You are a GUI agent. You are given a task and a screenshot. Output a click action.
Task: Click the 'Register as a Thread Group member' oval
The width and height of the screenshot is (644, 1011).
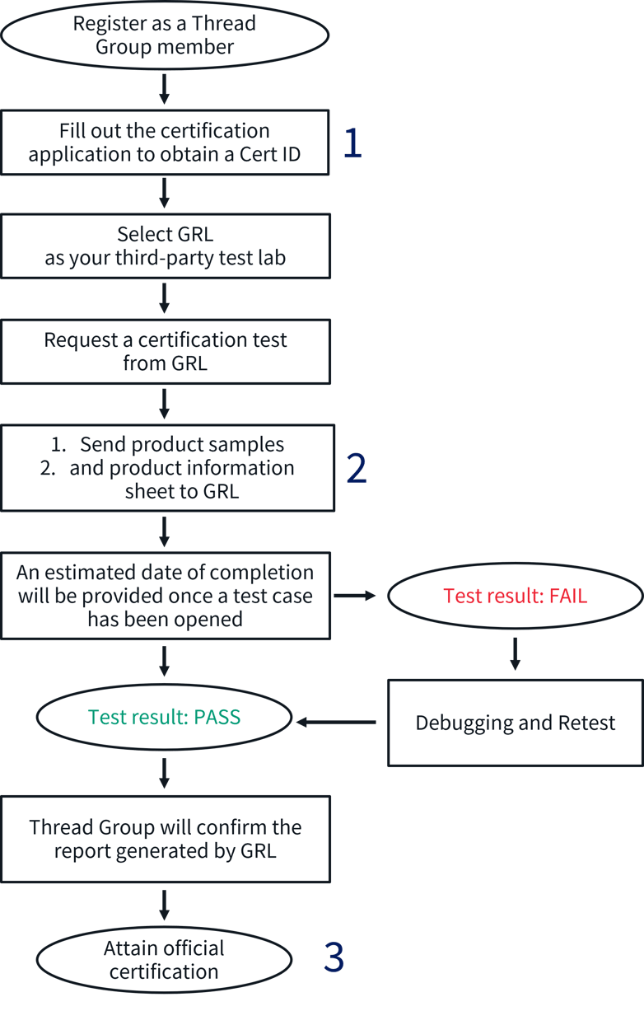point(165,35)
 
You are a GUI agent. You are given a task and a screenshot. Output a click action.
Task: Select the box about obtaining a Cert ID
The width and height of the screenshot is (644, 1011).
point(165,143)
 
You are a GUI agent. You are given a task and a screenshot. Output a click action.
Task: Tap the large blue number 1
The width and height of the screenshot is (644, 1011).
point(352,143)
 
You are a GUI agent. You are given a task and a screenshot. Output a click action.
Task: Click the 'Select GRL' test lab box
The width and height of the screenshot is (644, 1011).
point(165,246)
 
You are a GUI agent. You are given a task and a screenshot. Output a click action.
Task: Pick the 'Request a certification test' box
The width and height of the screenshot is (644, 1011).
point(165,351)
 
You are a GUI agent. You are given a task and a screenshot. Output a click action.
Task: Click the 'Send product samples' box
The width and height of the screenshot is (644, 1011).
point(167,467)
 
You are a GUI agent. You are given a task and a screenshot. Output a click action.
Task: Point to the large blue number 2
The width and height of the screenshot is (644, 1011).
point(356,468)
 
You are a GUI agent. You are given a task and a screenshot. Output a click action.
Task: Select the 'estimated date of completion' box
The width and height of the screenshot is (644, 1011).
point(165,595)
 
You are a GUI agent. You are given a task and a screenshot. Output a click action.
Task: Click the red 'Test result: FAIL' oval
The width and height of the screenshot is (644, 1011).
point(515,596)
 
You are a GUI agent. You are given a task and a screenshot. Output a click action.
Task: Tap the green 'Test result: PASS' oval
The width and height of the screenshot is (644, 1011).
point(165,717)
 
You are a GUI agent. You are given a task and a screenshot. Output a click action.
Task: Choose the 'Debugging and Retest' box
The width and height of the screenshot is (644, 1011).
point(515,723)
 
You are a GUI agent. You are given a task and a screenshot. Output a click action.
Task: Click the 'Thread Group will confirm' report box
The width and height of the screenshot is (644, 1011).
point(165,839)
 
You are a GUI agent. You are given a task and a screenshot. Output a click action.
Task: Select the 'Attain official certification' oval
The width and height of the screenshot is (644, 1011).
point(164,960)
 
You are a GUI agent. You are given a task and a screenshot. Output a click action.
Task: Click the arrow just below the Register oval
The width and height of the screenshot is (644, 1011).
point(164,89)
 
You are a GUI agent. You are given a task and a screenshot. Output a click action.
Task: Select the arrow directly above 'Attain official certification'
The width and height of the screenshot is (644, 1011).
point(164,904)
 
